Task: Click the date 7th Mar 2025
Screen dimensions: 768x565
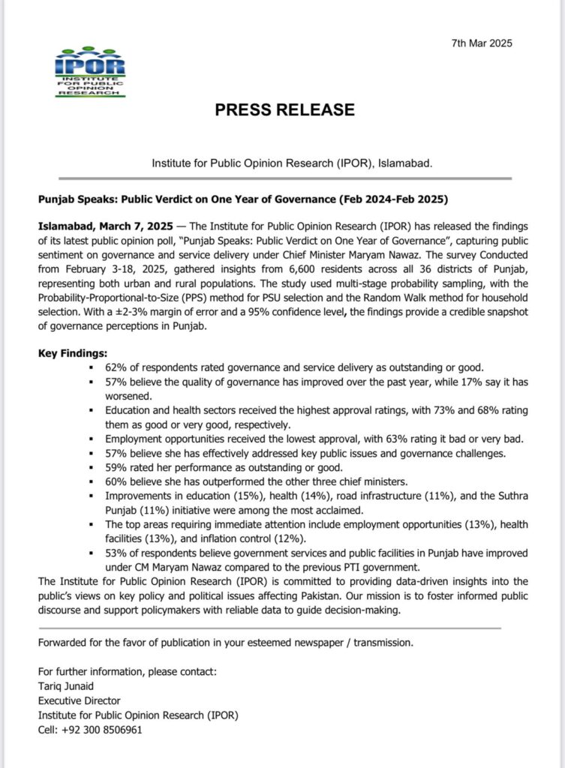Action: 482,43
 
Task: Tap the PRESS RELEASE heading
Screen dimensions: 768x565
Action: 284,109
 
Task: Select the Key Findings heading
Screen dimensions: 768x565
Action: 73,352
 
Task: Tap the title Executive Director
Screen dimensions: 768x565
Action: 81,700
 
